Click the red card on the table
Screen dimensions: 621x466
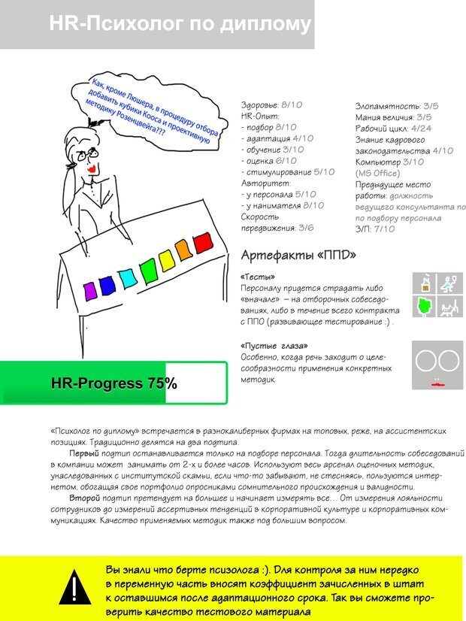(203, 244)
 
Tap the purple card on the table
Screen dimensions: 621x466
(90, 289)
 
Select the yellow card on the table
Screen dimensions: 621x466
(166, 259)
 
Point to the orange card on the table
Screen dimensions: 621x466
(184, 250)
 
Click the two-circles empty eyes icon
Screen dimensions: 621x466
(437, 361)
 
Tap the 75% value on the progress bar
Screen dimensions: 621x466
(162, 383)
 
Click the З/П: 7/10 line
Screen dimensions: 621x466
(375, 229)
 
